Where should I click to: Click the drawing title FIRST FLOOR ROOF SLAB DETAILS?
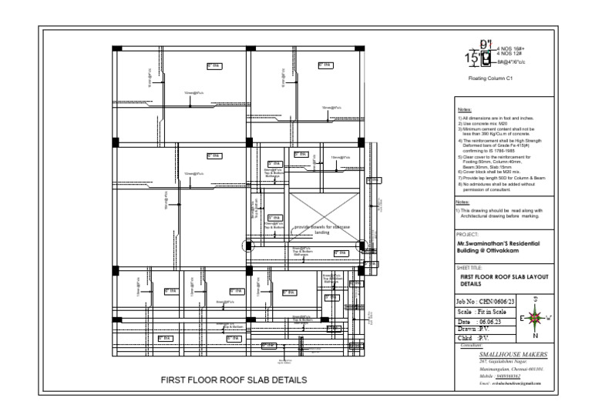233,380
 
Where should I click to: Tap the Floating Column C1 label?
486,79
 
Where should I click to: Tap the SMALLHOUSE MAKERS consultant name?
513,355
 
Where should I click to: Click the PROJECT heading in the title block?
468,232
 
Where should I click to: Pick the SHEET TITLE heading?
471,267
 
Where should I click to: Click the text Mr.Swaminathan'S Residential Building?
498,246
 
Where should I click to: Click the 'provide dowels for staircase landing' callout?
321,229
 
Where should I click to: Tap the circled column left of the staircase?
249,246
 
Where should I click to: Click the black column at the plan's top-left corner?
116,48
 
